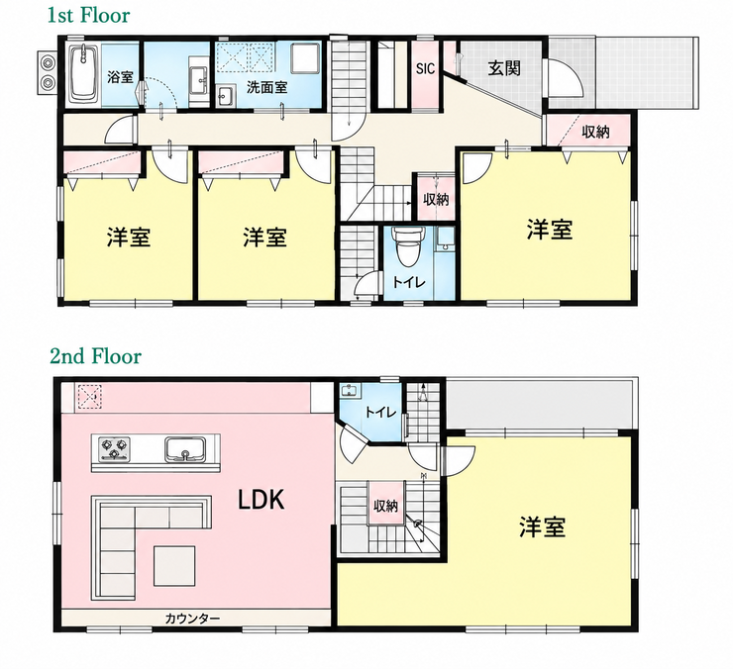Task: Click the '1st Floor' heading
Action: tap(88, 16)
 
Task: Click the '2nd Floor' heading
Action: tap(95, 356)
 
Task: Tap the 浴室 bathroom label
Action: tap(120, 76)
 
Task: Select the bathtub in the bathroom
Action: tap(84, 73)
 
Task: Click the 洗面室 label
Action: tap(266, 87)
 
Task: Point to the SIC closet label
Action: tap(425, 69)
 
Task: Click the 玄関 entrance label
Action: tap(504, 68)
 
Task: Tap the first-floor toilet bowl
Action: tap(408, 246)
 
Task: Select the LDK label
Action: tap(262, 501)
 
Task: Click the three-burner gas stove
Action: tap(114, 448)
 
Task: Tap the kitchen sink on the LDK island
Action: tap(185, 449)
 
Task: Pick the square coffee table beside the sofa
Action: tap(175, 566)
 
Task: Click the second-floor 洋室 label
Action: tap(542, 526)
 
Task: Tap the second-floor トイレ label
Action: tap(380, 413)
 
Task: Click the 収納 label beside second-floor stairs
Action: tap(385, 505)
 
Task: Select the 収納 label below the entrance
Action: tap(595, 132)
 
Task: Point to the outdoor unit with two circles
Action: tap(48, 72)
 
